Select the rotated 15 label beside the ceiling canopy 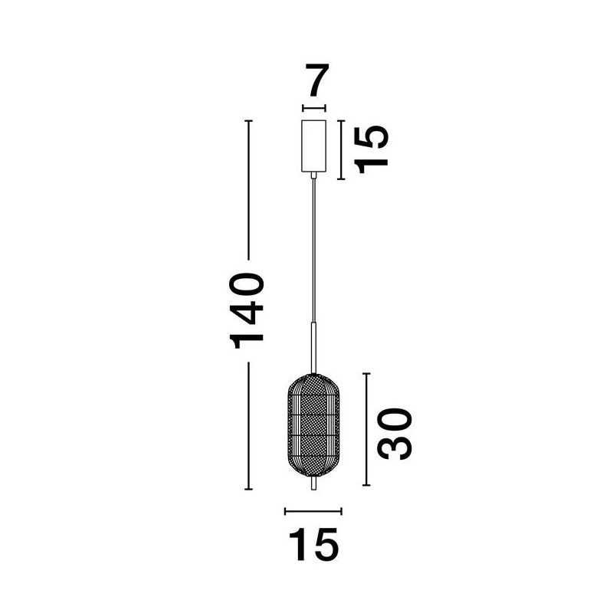[371, 149]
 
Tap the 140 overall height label [247, 310]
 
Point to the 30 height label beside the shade [395, 434]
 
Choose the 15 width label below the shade [313, 545]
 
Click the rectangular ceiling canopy [313, 146]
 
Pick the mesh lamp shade [313, 425]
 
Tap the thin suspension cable [313, 251]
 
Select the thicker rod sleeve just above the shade [313, 348]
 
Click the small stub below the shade [313, 483]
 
